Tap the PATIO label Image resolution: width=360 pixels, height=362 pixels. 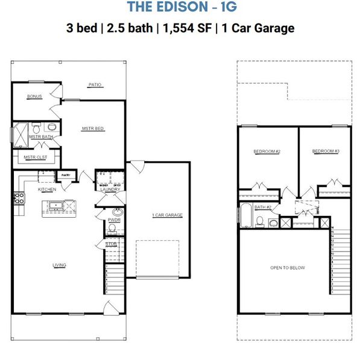coord(95,85)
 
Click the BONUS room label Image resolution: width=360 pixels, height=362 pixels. coord(34,97)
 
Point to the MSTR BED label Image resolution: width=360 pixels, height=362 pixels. coord(93,129)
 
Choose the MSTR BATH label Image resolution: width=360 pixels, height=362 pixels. coord(41,137)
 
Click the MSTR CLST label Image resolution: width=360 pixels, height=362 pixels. coord(35,157)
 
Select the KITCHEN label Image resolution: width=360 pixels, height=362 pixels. coord(48,189)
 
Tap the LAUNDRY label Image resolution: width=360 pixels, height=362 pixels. coord(110,189)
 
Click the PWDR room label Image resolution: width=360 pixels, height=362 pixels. coord(114,220)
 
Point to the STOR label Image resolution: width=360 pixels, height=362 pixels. coord(111,244)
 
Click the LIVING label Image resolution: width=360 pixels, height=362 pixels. coord(59,265)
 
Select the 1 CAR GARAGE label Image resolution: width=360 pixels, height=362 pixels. coord(166,215)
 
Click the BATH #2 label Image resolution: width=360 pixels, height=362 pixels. coord(262,207)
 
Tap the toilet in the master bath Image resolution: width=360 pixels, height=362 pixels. coord(37,129)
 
